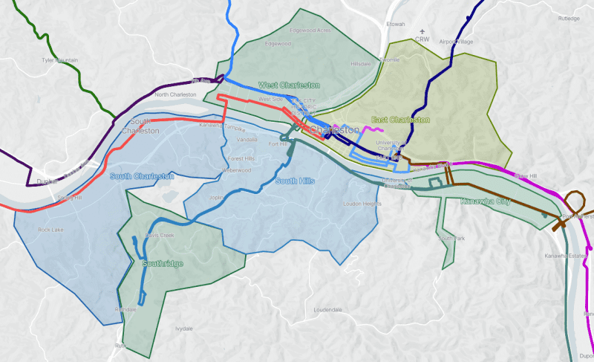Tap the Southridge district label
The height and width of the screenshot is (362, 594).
tap(163, 263)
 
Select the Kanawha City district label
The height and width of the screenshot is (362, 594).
tap(484, 201)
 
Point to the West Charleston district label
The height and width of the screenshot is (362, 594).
tap(289, 85)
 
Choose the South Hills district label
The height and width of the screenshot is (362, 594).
tap(296, 181)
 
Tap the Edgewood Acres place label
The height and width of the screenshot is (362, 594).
tap(310, 30)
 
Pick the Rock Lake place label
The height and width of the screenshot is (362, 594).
tap(52, 230)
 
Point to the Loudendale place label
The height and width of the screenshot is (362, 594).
tap(327, 308)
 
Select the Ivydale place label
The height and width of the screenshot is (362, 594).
tap(183, 328)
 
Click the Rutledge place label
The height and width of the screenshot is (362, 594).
tap(569, 19)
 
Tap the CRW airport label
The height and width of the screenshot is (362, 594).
tap(422, 39)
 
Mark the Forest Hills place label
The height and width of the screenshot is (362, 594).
tap(241, 158)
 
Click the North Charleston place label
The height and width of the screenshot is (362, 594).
tap(175, 95)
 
